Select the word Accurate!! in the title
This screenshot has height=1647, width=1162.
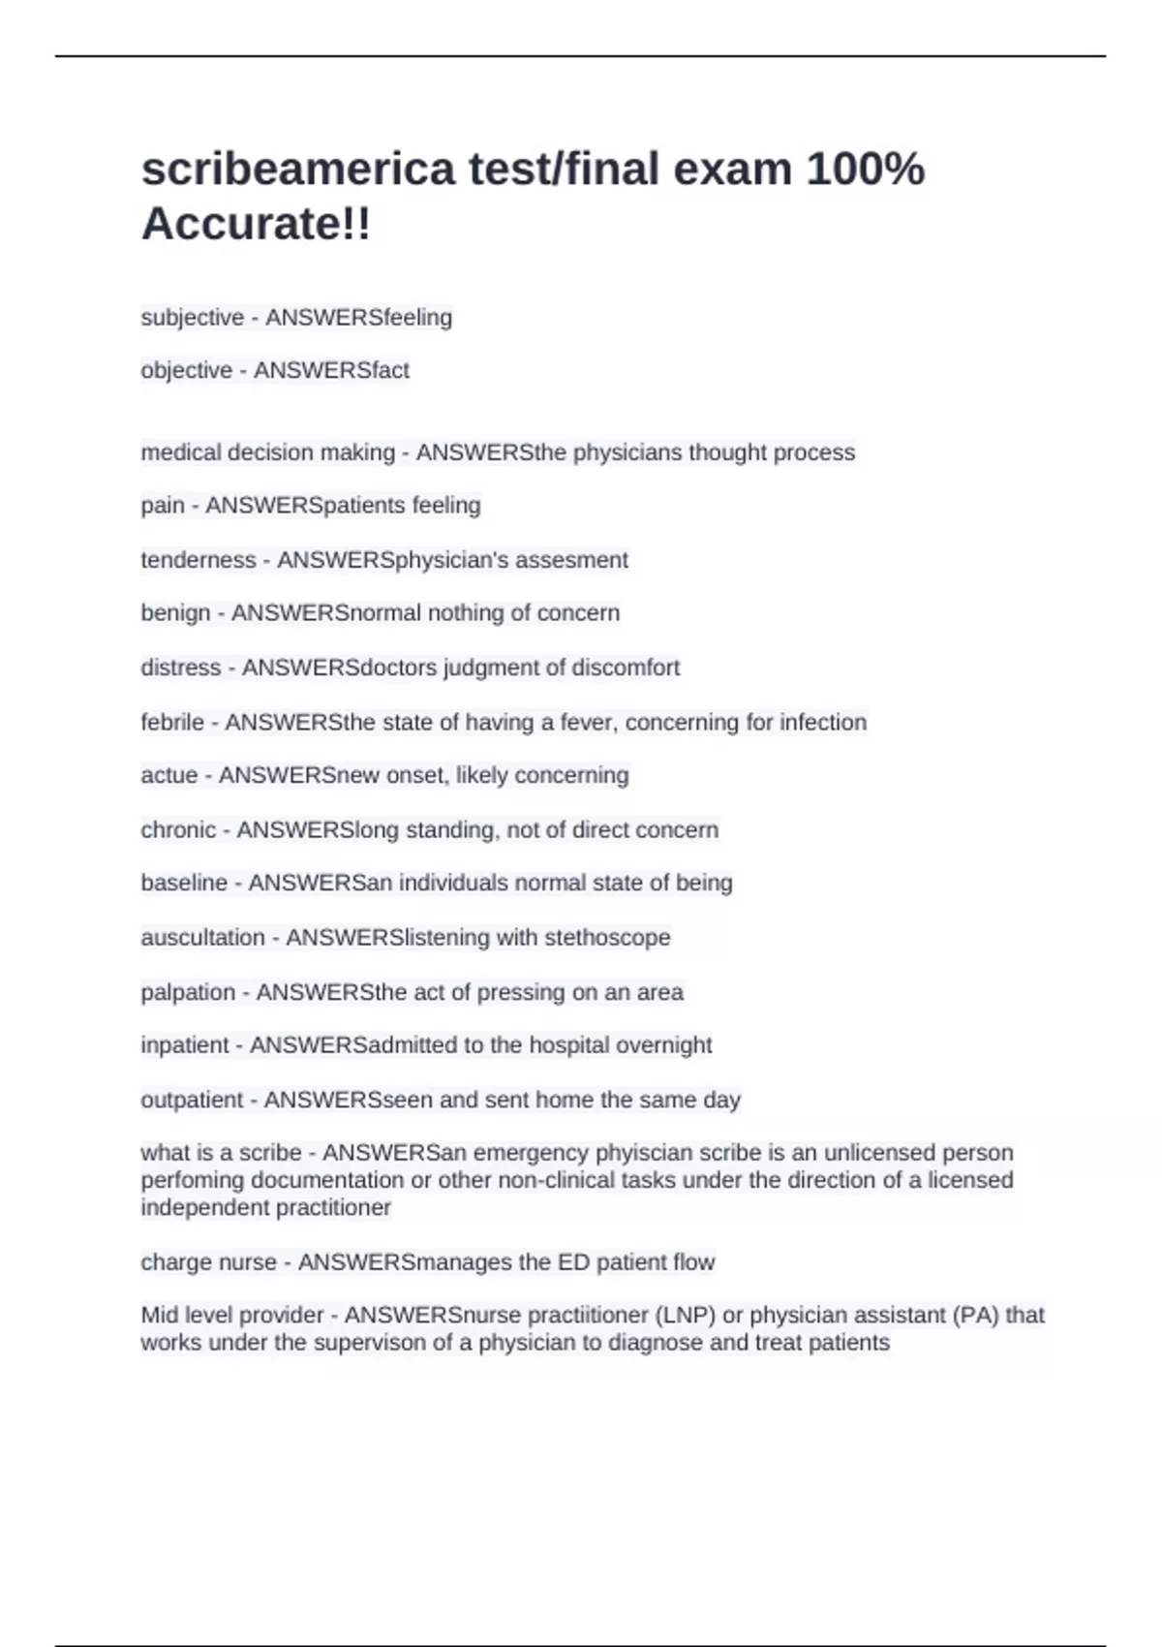click(x=256, y=225)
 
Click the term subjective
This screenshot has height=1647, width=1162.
click(x=192, y=318)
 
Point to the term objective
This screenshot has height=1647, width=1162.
click(x=186, y=371)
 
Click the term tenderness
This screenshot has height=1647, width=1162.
click(x=198, y=560)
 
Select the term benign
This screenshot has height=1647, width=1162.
click(x=175, y=613)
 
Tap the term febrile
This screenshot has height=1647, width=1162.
click(x=172, y=723)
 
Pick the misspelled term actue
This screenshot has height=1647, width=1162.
click(x=168, y=776)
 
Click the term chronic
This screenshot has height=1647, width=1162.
click(x=178, y=830)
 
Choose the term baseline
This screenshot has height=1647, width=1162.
click(x=184, y=884)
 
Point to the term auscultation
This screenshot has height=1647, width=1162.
click(x=202, y=938)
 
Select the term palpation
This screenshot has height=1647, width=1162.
click(x=188, y=993)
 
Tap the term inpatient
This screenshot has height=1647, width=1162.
click(x=185, y=1045)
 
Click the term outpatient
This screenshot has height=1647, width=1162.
click(x=192, y=1101)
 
